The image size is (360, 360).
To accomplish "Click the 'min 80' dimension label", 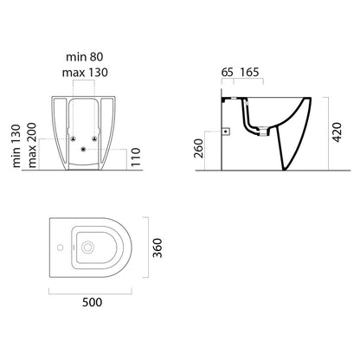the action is [84, 57].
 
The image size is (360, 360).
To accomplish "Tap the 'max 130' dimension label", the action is [85, 73].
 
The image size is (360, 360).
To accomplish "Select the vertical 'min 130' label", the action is [16, 146].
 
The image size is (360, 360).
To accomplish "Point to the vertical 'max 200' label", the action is [32, 145].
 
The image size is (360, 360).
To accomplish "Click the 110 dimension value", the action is [136, 157].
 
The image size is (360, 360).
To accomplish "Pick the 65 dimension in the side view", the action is [227, 72].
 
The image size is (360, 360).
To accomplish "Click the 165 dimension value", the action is [249, 72].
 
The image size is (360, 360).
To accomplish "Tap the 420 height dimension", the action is [337, 132].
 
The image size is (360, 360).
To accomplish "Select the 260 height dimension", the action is [199, 149].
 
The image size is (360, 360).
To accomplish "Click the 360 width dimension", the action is [157, 248].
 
